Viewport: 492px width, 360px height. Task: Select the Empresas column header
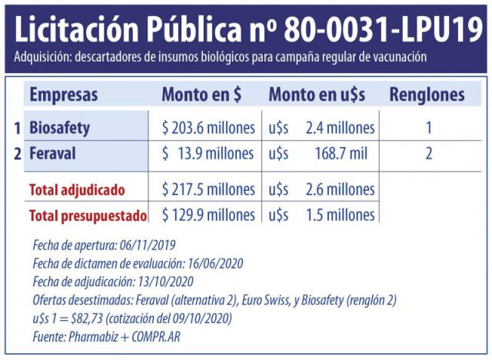64,95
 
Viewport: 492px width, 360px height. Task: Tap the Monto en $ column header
201,95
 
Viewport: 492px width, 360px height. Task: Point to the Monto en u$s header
317,95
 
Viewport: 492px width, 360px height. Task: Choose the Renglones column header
427,95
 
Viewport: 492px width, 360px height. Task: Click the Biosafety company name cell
59,128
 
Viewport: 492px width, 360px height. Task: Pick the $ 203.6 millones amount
208,128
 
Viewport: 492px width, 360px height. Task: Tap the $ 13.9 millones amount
208,154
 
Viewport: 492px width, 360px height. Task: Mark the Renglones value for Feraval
429,154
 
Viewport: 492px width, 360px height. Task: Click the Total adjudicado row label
77,189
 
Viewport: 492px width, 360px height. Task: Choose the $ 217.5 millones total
208,189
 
